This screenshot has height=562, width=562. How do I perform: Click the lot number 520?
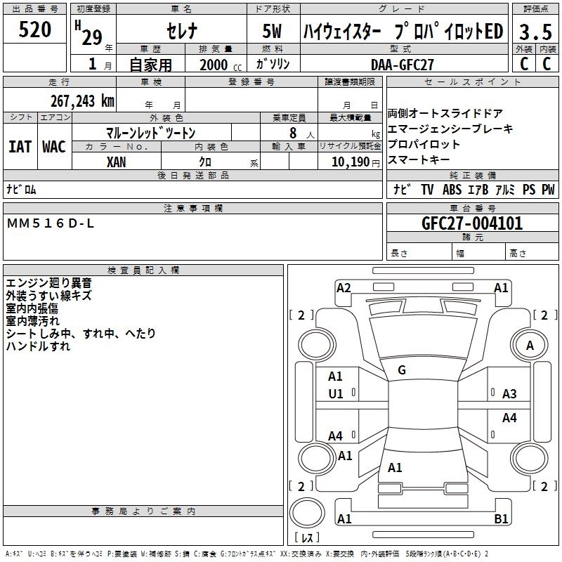(35, 30)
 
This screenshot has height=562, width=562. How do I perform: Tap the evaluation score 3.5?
(535, 32)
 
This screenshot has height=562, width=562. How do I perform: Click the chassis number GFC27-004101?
(472, 223)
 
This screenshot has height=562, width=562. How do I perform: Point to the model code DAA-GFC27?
(403, 64)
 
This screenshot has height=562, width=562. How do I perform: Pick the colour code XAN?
(117, 162)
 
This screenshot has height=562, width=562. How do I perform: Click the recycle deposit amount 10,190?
(348, 162)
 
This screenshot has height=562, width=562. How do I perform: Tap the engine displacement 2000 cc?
(214, 65)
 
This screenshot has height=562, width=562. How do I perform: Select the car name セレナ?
(181, 32)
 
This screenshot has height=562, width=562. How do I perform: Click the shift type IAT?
(20, 146)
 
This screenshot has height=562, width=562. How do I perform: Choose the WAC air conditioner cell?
(54, 146)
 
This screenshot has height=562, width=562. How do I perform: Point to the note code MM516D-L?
(51, 223)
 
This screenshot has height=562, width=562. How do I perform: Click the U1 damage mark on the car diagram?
(336, 394)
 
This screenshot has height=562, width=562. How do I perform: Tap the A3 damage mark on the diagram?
(509, 394)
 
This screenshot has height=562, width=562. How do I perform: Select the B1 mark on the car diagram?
(502, 519)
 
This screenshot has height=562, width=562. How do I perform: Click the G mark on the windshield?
(402, 370)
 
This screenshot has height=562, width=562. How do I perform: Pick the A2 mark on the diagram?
(344, 287)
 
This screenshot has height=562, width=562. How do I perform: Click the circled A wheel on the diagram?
(530, 346)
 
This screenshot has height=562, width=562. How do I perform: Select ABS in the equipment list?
(452, 190)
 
